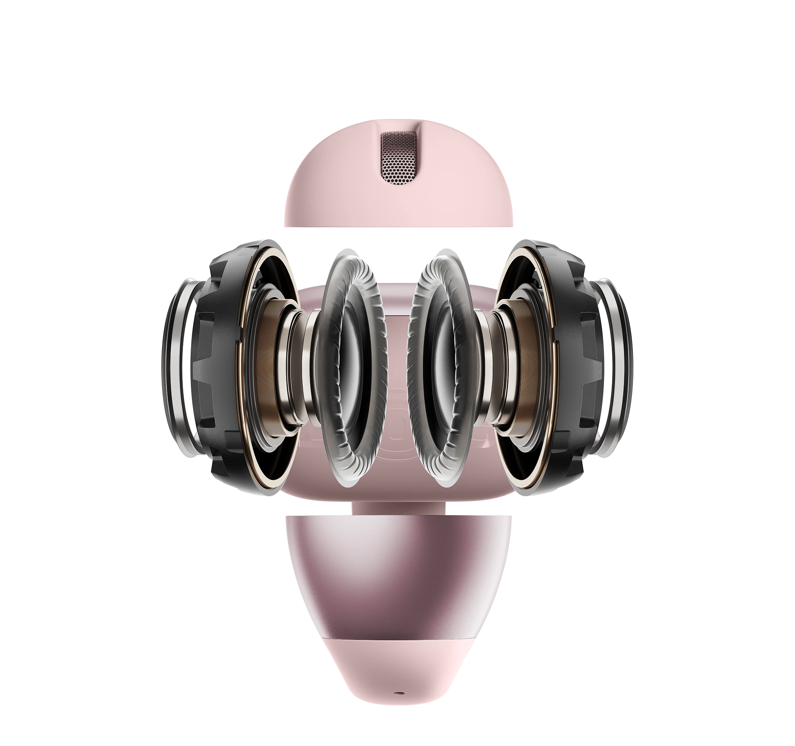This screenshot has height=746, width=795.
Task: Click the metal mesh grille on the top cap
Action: [x=398, y=159]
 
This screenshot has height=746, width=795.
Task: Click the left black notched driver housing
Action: [x=220, y=365]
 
